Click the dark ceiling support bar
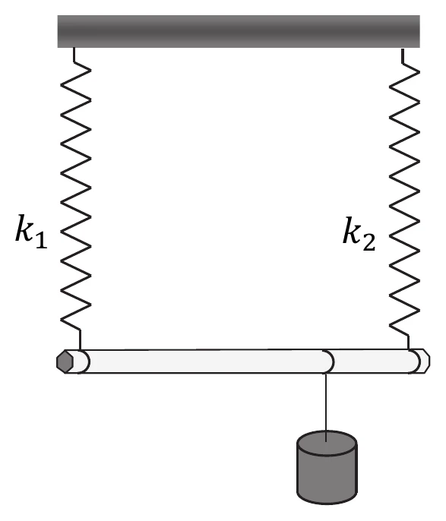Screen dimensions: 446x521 coord(239,31)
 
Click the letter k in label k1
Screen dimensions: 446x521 coord(24,228)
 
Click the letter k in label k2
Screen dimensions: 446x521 coord(353,230)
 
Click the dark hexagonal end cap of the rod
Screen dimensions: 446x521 coord(65,362)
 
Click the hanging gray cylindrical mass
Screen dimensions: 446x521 coord(327,468)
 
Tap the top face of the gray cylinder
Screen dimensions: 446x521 coord(327,443)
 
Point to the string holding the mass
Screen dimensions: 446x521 coord(326,407)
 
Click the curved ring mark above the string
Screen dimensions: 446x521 coord(330,362)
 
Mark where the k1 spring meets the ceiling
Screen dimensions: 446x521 coord(74,48)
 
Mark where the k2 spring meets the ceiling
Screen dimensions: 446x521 coord(403,49)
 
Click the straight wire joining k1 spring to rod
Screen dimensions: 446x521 coord(80,339)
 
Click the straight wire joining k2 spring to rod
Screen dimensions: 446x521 coord(409,343)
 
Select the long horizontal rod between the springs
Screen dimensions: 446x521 coord(242,362)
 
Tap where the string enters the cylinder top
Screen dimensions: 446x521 coord(326,441)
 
